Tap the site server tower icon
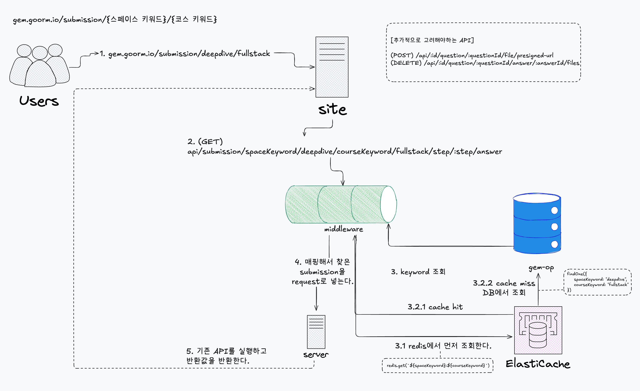click(x=332, y=67)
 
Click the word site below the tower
click(x=332, y=109)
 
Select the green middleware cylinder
click(x=340, y=205)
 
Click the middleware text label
click(x=343, y=229)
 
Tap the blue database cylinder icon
click(x=537, y=223)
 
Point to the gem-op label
click(x=541, y=268)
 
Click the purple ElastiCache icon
click(x=538, y=330)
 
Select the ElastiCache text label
click(x=538, y=364)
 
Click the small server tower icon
click(x=316, y=332)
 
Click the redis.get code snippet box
click(x=437, y=365)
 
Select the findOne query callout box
click(x=598, y=282)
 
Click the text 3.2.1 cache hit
click(x=435, y=307)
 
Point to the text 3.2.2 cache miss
click(x=504, y=283)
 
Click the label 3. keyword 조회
click(x=418, y=272)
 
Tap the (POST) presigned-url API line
click(x=472, y=55)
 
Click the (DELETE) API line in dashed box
click(x=485, y=63)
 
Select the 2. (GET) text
click(x=205, y=142)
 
